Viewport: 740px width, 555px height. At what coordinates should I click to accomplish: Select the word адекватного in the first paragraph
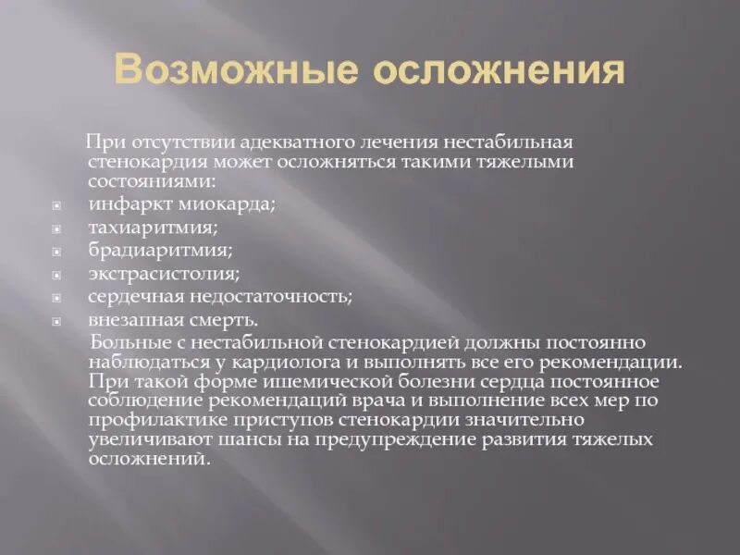click(291, 144)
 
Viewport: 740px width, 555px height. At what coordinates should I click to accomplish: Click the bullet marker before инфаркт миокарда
click(55, 204)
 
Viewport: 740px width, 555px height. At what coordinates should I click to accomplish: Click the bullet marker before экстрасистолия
click(55, 275)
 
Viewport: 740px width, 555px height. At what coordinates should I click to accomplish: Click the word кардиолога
click(293, 362)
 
